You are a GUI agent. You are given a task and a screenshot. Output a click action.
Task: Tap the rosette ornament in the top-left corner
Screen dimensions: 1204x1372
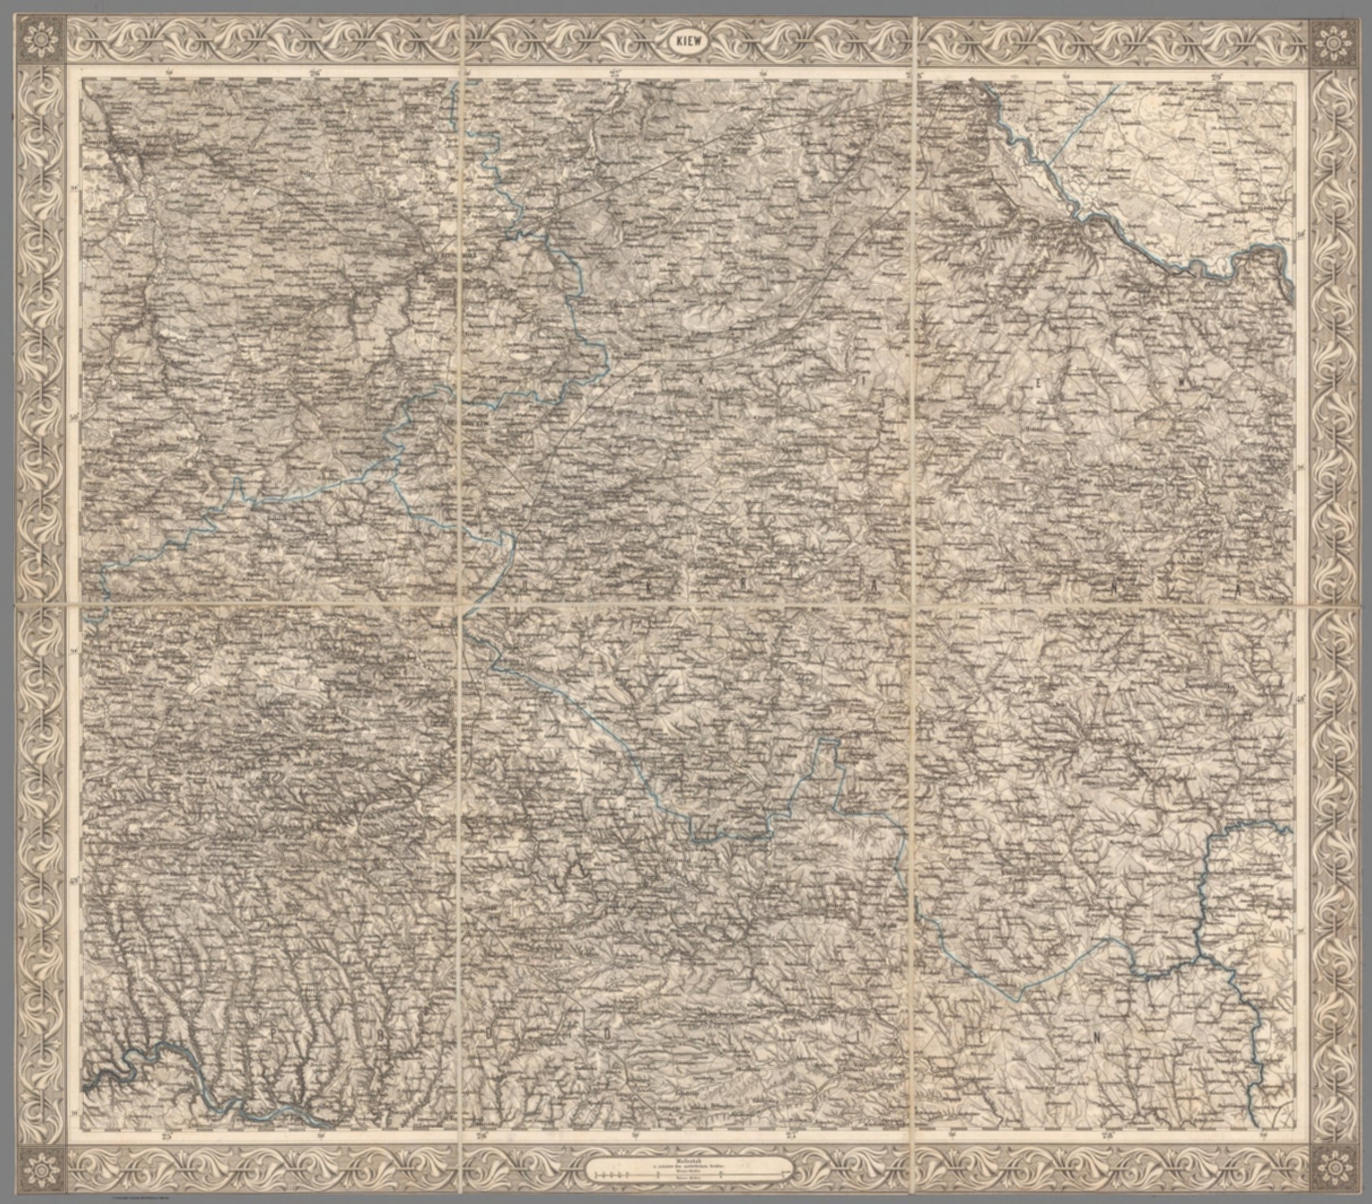click(x=40, y=41)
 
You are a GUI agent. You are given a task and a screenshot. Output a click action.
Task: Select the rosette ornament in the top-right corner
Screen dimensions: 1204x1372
click(x=1331, y=41)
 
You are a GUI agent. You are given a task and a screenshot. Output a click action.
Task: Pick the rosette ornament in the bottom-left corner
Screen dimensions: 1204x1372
click(x=40, y=1165)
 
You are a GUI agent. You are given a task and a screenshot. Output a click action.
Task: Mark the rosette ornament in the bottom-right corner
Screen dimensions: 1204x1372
click(x=1331, y=1165)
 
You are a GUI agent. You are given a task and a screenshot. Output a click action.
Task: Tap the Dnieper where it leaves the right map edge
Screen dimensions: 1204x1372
click(x=1292, y=288)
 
